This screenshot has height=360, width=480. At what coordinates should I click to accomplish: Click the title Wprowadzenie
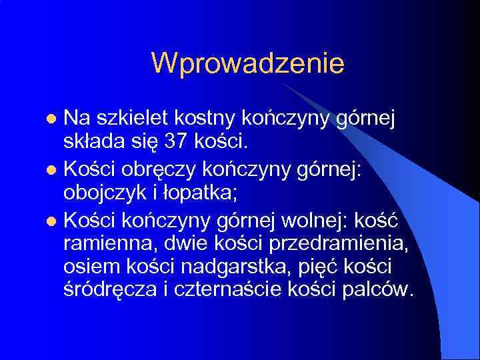(x=247, y=63)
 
